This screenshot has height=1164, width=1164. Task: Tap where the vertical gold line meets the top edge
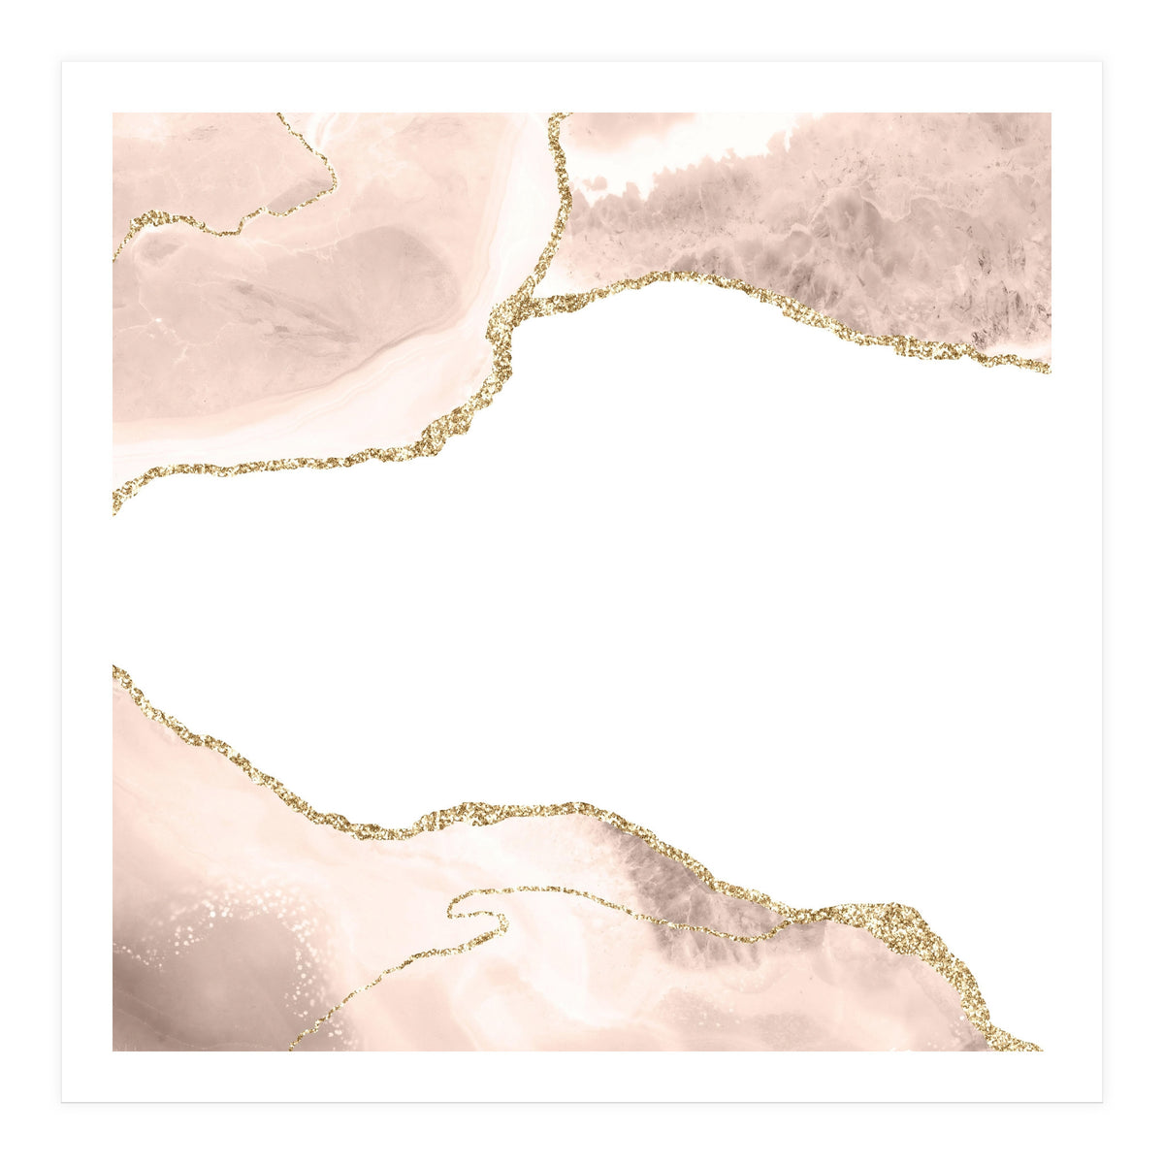(558, 115)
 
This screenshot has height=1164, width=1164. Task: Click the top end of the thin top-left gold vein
(279, 115)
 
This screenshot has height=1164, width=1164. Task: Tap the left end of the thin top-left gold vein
(115, 257)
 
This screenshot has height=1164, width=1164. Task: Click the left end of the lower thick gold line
(115, 669)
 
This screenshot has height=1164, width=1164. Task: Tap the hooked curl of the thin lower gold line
(456, 907)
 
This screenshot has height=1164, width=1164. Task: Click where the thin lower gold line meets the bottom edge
(291, 1049)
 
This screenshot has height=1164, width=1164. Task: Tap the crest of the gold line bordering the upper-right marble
(669, 275)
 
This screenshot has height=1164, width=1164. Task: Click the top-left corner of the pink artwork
(113, 113)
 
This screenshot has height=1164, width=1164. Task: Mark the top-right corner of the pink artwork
(1051, 113)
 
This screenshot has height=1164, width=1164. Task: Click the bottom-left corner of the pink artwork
(113, 1051)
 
